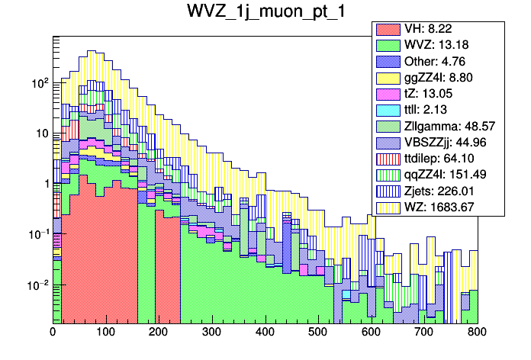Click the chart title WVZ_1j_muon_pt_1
point(265,13)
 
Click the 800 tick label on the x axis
point(477,333)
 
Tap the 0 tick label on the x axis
point(53,333)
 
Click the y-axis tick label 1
point(44,183)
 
